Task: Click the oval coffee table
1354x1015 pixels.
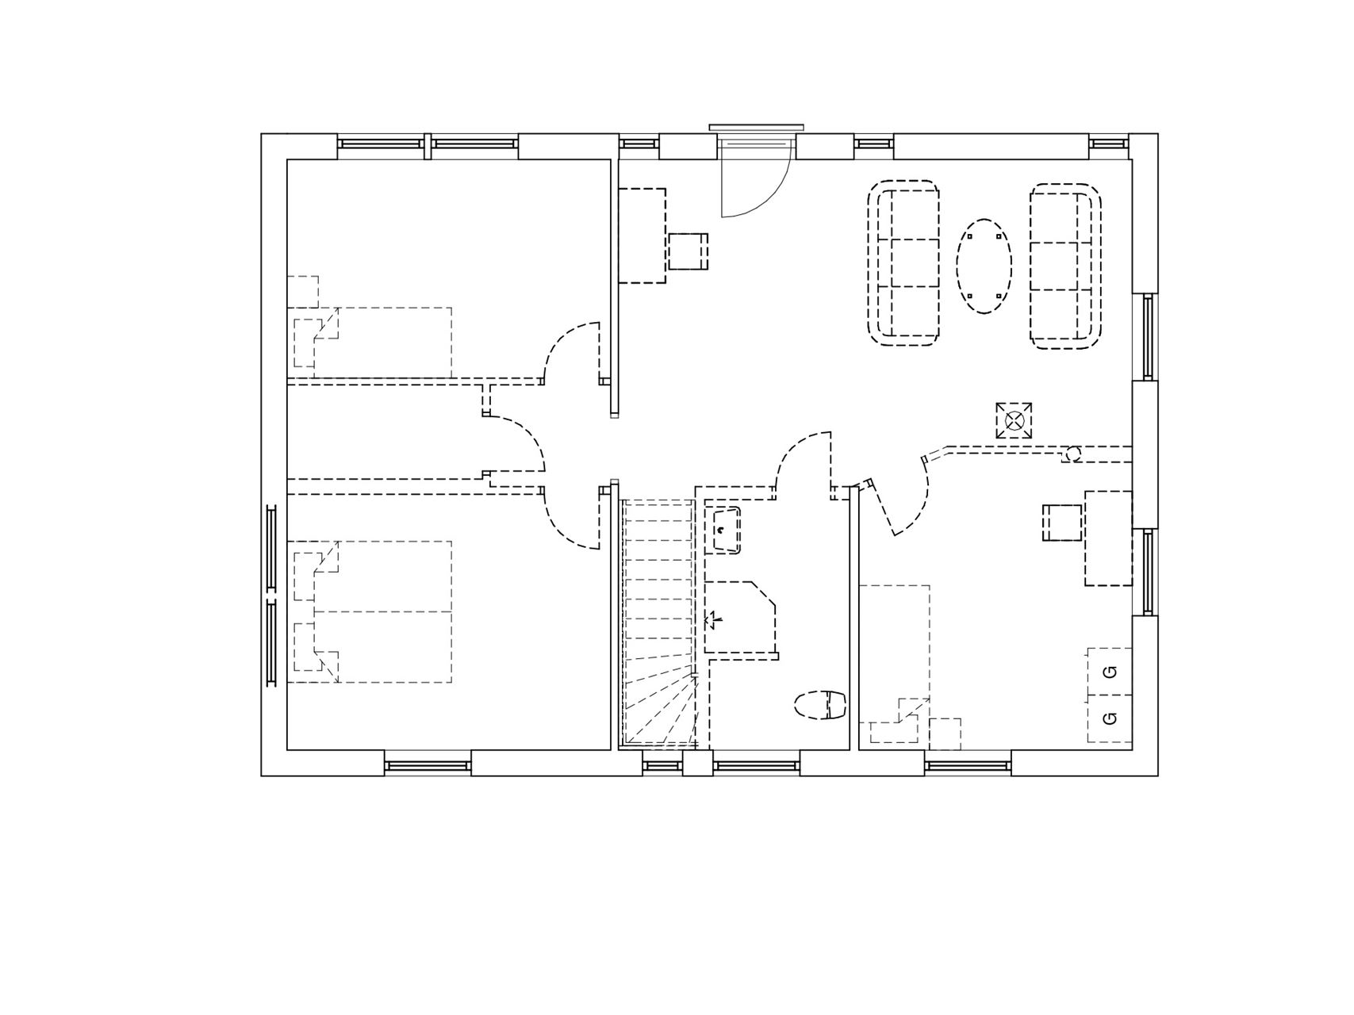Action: [x=984, y=266]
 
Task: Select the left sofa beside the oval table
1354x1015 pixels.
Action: [x=904, y=263]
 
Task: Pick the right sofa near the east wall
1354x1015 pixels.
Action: [x=1066, y=266]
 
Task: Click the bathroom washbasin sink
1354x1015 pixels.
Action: [x=723, y=530]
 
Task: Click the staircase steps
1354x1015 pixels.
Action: [x=659, y=622]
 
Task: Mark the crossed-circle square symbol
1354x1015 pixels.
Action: [x=1015, y=420]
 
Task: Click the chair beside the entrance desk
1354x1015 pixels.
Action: [x=688, y=251]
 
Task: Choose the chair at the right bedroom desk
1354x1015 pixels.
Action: [x=1062, y=523]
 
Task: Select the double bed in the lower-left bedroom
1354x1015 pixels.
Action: [x=370, y=611]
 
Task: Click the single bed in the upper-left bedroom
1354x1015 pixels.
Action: [x=370, y=343]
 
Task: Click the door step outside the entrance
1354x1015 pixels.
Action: [x=757, y=127]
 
